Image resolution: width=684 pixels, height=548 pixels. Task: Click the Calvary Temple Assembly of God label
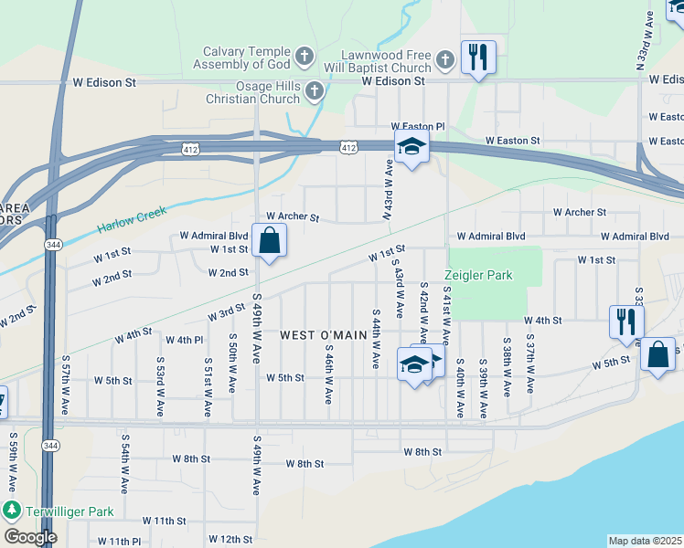click(x=246, y=58)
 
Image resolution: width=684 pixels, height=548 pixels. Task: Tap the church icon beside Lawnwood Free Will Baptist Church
click(x=445, y=60)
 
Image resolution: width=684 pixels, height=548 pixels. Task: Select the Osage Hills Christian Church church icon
click(x=315, y=90)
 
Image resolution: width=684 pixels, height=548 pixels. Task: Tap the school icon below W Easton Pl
click(x=411, y=146)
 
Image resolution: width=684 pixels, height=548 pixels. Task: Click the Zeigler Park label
click(x=478, y=275)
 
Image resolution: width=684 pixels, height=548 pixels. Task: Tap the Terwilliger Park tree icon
click(x=12, y=509)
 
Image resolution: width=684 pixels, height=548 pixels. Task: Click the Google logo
click(x=30, y=537)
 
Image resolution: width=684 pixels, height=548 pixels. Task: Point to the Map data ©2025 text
click(x=645, y=541)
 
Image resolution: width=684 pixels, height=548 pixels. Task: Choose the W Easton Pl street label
click(x=417, y=126)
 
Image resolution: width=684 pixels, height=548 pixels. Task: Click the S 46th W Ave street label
click(x=328, y=375)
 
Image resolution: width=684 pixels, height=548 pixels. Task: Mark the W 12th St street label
click(x=230, y=540)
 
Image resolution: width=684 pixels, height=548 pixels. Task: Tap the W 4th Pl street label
click(x=184, y=340)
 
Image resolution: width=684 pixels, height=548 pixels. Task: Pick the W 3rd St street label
click(x=225, y=313)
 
